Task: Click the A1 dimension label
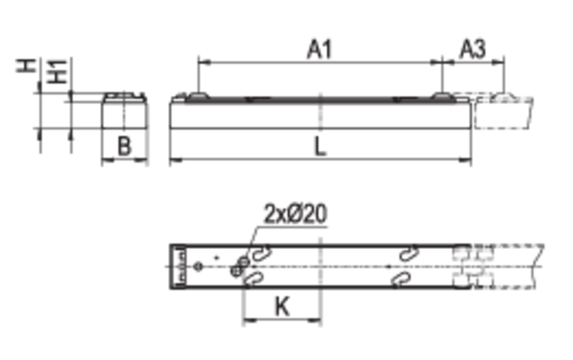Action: [x=320, y=49]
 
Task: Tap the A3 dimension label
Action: [x=472, y=49]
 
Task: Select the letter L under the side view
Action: [x=320, y=146]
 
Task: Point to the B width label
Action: [x=124, y=146]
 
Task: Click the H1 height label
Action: [x=58, y=72]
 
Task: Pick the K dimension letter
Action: [x=282, y=306]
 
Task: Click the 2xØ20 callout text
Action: [x=295, y=214]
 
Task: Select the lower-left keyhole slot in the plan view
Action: [x=253, y=279]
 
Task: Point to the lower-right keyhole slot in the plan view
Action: [x=401, y=279]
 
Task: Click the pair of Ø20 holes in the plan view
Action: [x=239, y=267]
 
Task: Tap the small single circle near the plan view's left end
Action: [x=198, y=267]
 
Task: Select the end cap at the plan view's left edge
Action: [x=179, y=267]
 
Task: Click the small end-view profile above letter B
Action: [x=124, y=110]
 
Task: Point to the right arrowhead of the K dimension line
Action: [x=315, y=320]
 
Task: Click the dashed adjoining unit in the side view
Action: [x=503, y=111]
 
